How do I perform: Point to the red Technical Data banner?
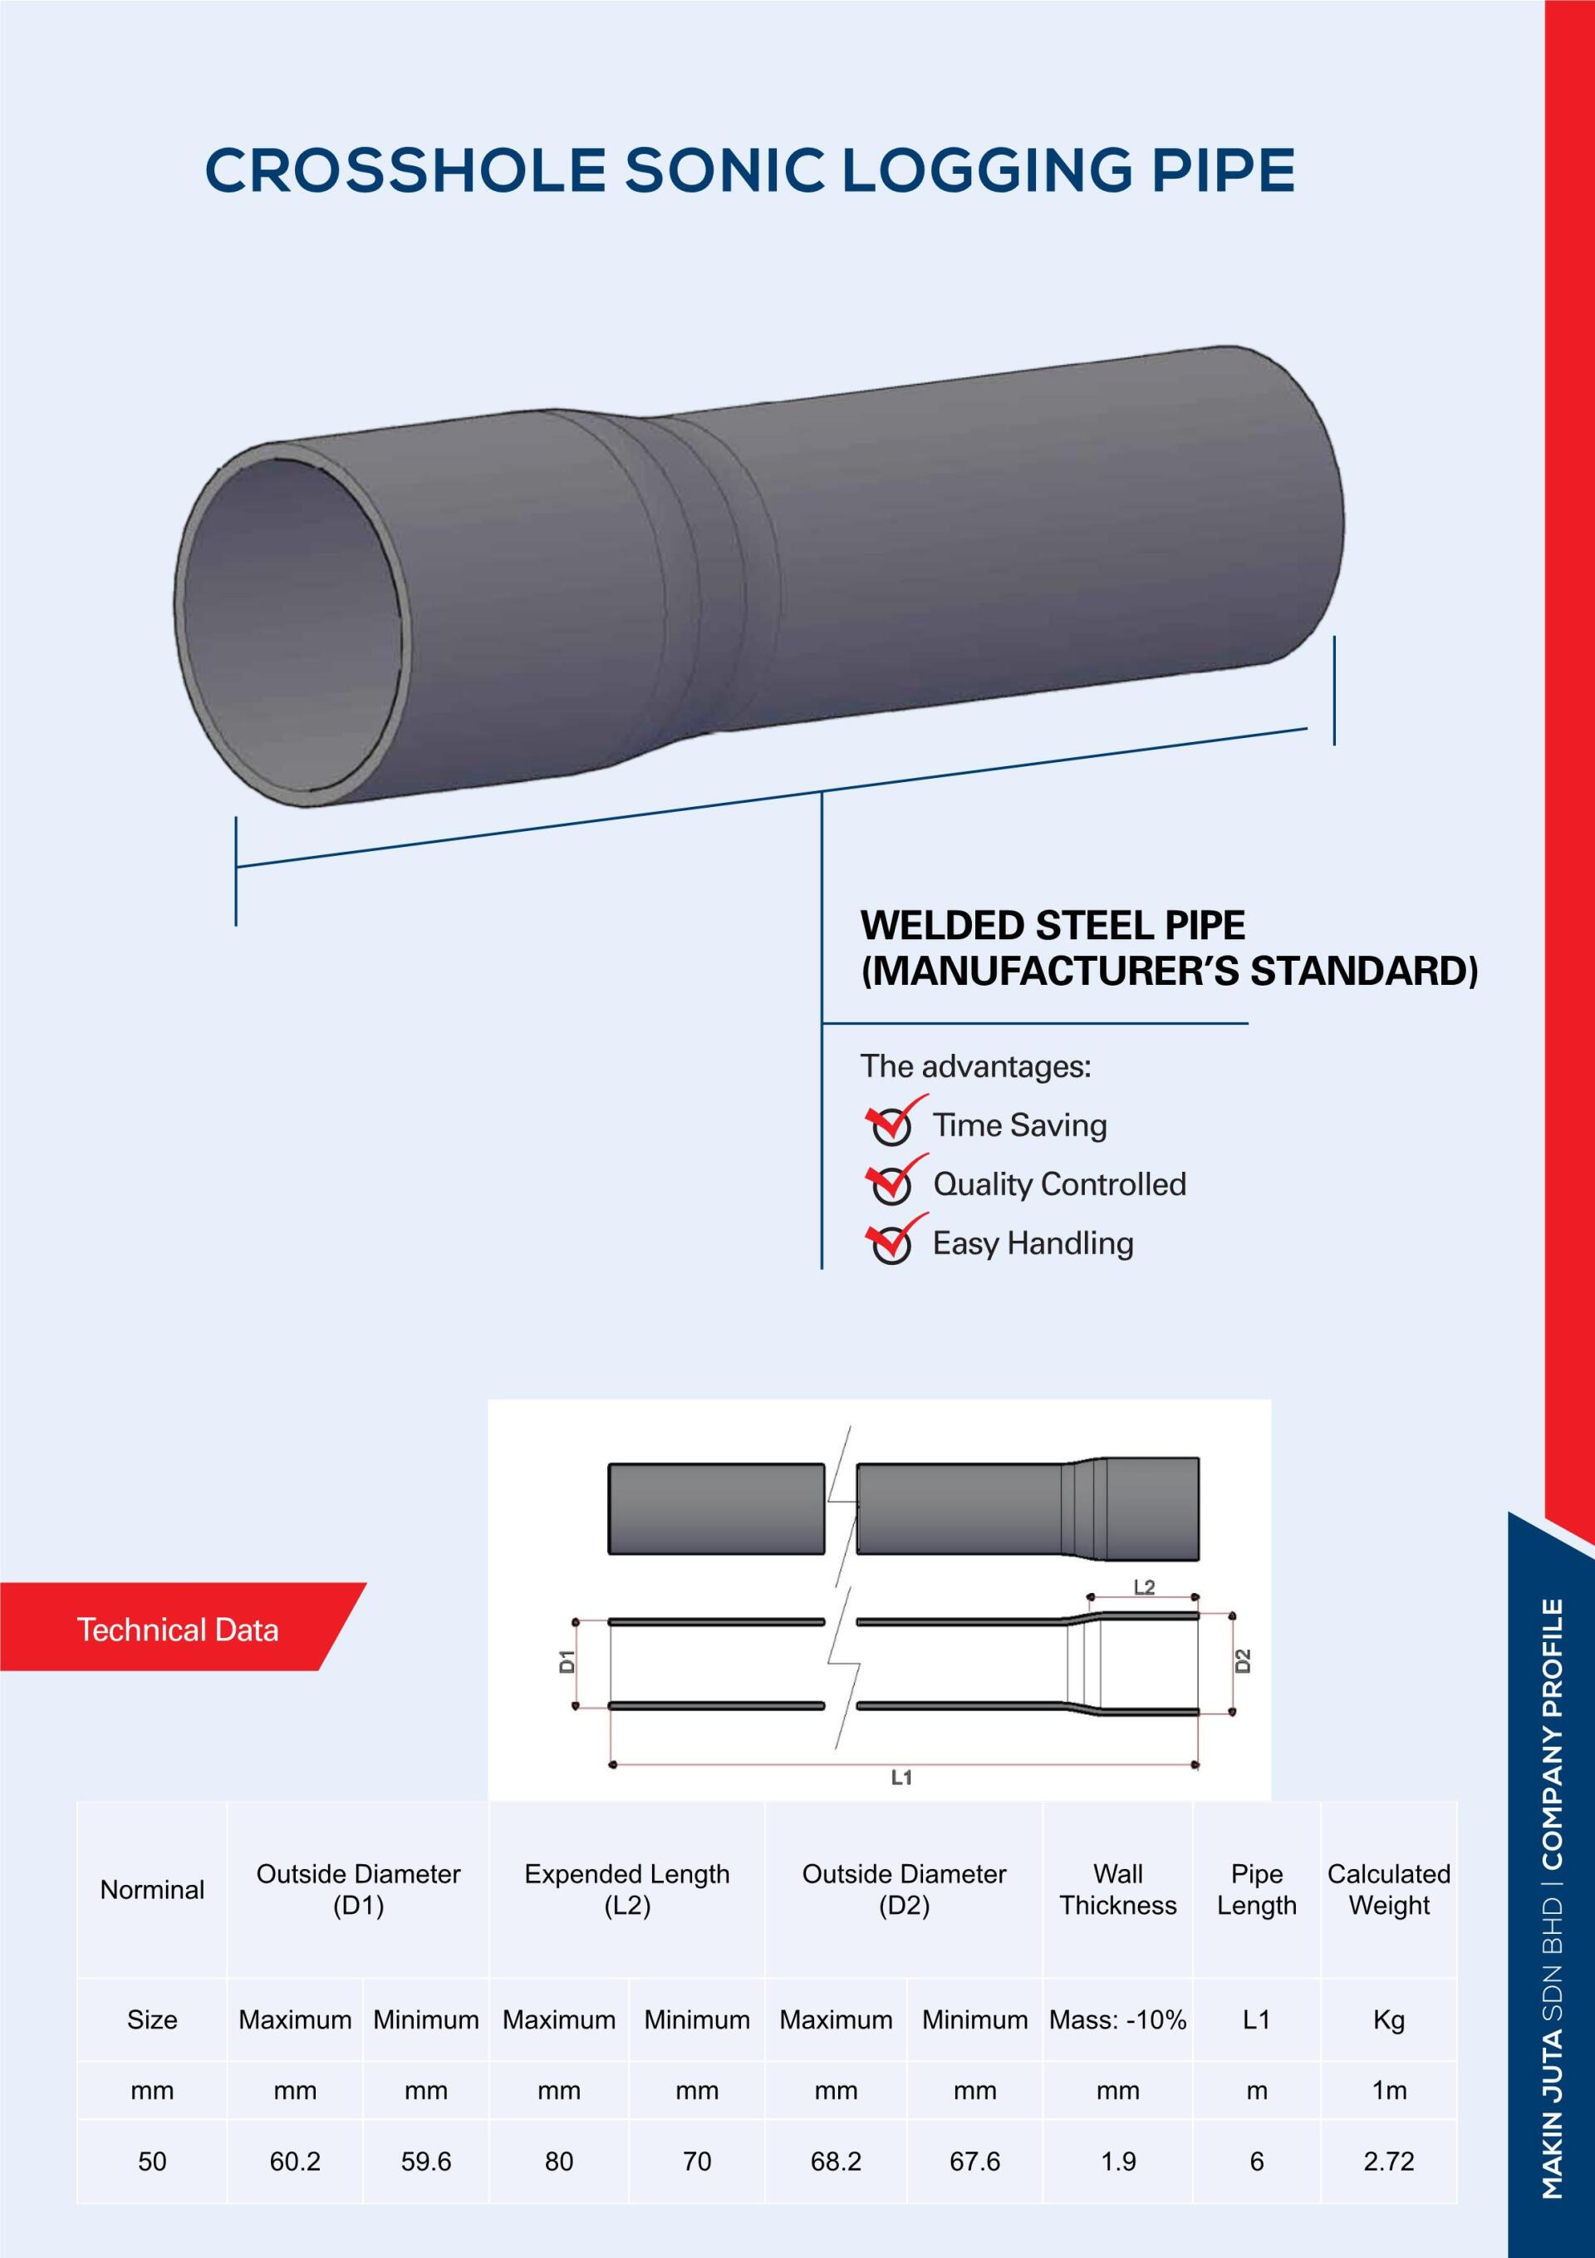point(178,1630)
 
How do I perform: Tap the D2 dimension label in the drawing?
point(1243,1661)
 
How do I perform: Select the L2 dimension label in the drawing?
point(1144,1587)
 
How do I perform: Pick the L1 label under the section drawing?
point(901,1778)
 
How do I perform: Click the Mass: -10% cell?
point(1118,2020)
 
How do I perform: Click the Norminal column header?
point(152,1889)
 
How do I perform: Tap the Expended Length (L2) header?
point(627,1889)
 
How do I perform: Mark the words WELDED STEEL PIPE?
point(1053,926)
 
